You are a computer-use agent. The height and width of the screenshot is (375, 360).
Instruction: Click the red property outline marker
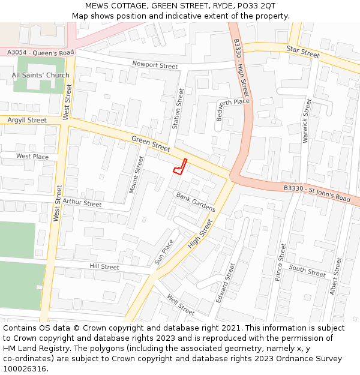click(x=180, y=166)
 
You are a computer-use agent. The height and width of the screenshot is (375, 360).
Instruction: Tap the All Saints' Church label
click(x=41, y=75)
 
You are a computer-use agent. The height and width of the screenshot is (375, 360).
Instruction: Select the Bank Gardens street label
click(x=196, y=202)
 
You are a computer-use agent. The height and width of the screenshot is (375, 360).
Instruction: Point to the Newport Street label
click(x=155, y=65)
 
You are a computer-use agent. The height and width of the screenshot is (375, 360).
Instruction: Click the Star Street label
click(x=303, y=52)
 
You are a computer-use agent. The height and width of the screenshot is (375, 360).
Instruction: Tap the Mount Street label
click(x=137, y=175)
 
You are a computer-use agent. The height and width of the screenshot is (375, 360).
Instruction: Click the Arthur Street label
click(x=82, y=203)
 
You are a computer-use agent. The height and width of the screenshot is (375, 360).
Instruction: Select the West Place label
click(x=32, y=156)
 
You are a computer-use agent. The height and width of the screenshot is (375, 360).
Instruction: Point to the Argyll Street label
click(x=27, y=120)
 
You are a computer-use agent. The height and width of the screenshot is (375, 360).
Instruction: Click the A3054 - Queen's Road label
click(x=41, y=53)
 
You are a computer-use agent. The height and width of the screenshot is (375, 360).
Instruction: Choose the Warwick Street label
click(x=307, y=120)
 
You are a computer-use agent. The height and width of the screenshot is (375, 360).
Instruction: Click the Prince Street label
click(x=280, y=262)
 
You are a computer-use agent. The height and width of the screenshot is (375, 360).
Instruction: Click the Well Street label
click(x=181, y=304)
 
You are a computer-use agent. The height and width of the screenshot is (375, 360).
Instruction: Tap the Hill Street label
click(x=104, y=266)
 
